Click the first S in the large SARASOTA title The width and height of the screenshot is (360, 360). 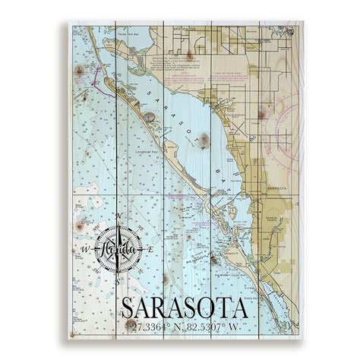129,308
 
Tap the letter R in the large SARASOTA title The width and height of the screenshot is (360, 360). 166,308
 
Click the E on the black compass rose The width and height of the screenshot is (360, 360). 150,249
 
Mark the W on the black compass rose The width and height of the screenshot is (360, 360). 85,249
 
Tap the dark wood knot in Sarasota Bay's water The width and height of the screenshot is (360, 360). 204,140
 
